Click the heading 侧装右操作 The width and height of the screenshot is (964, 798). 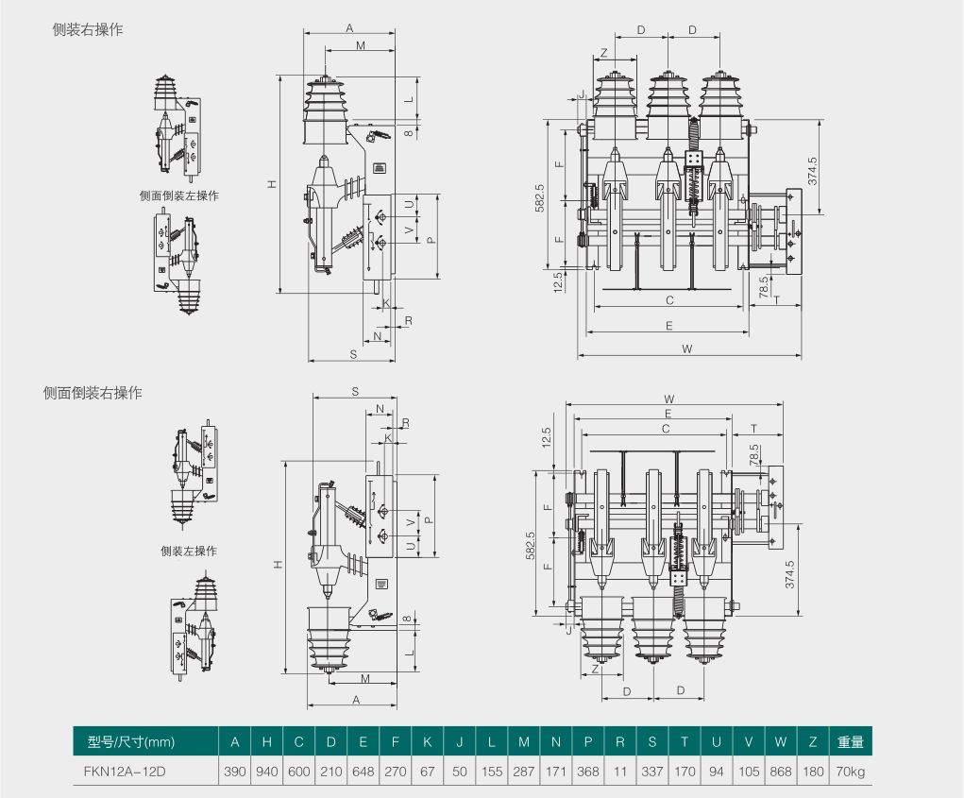[88, 30]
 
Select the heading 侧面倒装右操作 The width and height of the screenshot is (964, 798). [93, 392]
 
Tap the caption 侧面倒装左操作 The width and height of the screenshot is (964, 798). [178, 196]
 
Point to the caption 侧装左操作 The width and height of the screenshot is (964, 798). [189, 551]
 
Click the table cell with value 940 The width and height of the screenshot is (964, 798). [267, 771]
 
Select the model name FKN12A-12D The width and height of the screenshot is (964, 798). [125, 771]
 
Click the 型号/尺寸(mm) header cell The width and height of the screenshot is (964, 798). [131, 741]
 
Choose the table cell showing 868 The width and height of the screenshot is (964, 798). [781, 771]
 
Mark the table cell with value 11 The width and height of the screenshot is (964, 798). [620, 771]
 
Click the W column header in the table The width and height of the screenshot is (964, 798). [781, 741]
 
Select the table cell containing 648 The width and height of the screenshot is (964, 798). [364, 771]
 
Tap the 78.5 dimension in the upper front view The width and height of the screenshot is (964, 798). [763, 287]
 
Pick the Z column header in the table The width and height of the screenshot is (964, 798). [813, 741]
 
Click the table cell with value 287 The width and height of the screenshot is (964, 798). [524, 771]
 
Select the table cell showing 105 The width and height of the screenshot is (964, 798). [749, 771]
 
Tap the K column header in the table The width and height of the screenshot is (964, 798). [428, 741]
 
